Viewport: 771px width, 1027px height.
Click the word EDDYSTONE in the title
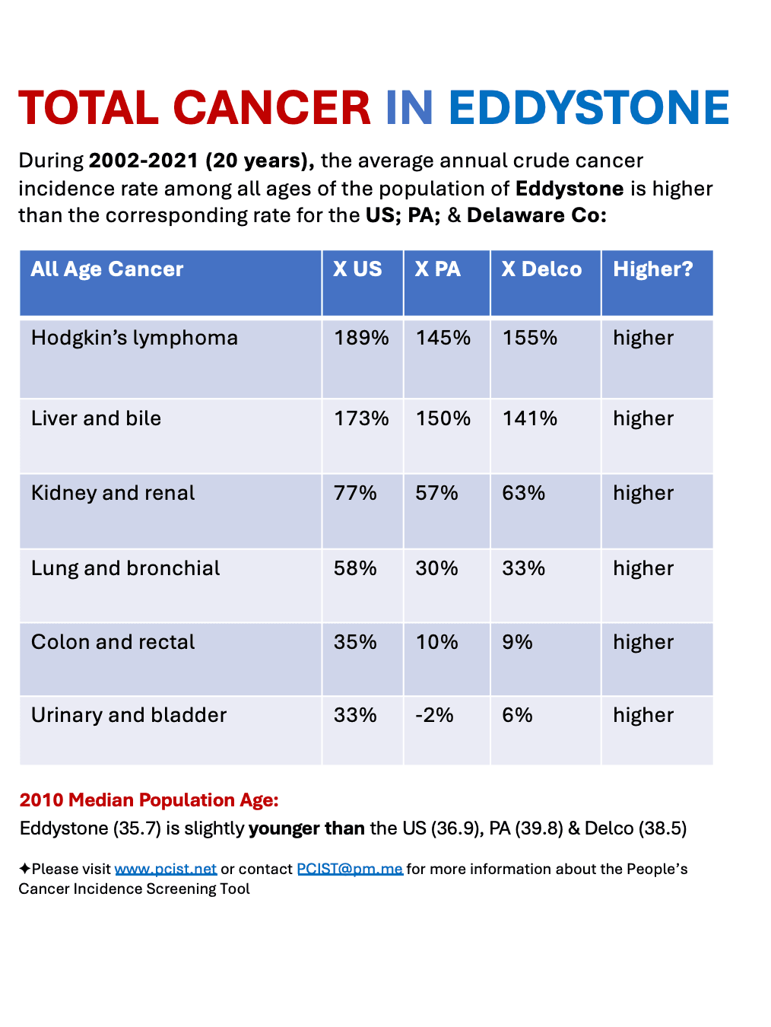589,108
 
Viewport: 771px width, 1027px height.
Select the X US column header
357,269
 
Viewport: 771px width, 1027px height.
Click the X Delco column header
541,269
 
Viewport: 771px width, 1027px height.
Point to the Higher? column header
653,269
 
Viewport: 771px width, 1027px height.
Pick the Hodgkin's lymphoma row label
134,338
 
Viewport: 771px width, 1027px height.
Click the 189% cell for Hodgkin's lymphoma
361,338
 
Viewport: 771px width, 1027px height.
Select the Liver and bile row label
96,418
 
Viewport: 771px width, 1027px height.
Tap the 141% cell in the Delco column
529,418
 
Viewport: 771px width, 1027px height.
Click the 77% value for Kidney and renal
355,493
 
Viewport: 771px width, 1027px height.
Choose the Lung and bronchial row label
125,568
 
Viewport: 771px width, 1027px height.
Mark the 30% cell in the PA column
436,568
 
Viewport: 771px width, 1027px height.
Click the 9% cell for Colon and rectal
517,642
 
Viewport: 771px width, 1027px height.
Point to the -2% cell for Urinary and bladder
434,715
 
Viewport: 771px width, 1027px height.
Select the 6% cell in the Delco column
517,715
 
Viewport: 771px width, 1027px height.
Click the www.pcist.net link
166,869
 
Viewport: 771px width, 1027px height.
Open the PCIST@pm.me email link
350,869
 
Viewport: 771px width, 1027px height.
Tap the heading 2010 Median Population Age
149,800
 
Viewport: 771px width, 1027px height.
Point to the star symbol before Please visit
24,869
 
